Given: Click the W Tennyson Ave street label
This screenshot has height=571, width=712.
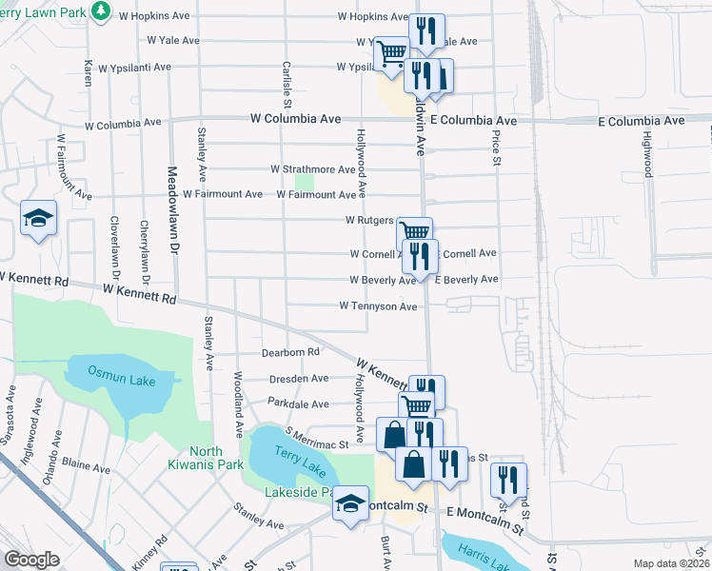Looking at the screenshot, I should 379,306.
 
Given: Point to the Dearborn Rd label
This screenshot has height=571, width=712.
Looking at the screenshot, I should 290,352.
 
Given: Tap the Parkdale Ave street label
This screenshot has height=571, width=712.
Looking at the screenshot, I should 298,403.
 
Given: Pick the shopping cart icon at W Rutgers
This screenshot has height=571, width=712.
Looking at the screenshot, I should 414,233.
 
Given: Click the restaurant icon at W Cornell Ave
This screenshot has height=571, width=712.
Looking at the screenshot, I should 420,254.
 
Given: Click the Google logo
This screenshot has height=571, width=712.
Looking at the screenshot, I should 32,559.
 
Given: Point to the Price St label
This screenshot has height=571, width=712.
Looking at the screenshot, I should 496,148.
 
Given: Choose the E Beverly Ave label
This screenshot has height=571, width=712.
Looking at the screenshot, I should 466,280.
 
